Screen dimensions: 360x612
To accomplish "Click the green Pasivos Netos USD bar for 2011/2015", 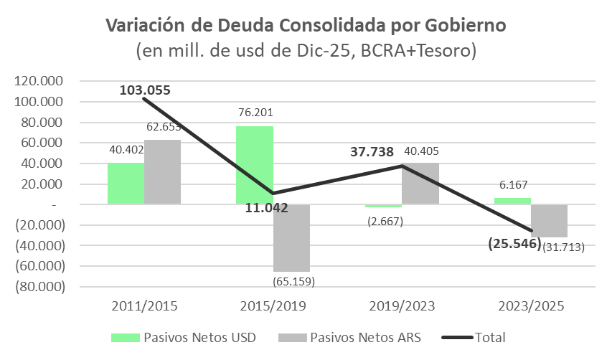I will coord(126,184).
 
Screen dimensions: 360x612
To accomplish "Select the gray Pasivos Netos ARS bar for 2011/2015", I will coord(162,172).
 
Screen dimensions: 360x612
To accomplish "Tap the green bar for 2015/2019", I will coord(255,165).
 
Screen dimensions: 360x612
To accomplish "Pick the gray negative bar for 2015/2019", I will coord(291,237).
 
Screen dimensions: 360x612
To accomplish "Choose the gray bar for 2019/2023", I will coord(420,184).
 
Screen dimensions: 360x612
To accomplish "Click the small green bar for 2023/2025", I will coord(512,201).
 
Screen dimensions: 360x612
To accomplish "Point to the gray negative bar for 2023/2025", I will coord(549,221).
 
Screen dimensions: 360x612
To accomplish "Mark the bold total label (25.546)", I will coord(514,244).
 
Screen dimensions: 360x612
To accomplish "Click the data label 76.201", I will coord(255,113).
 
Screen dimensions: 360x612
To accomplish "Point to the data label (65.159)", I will coord(295,280).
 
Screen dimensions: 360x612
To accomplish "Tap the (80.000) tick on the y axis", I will coord(40,286).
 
